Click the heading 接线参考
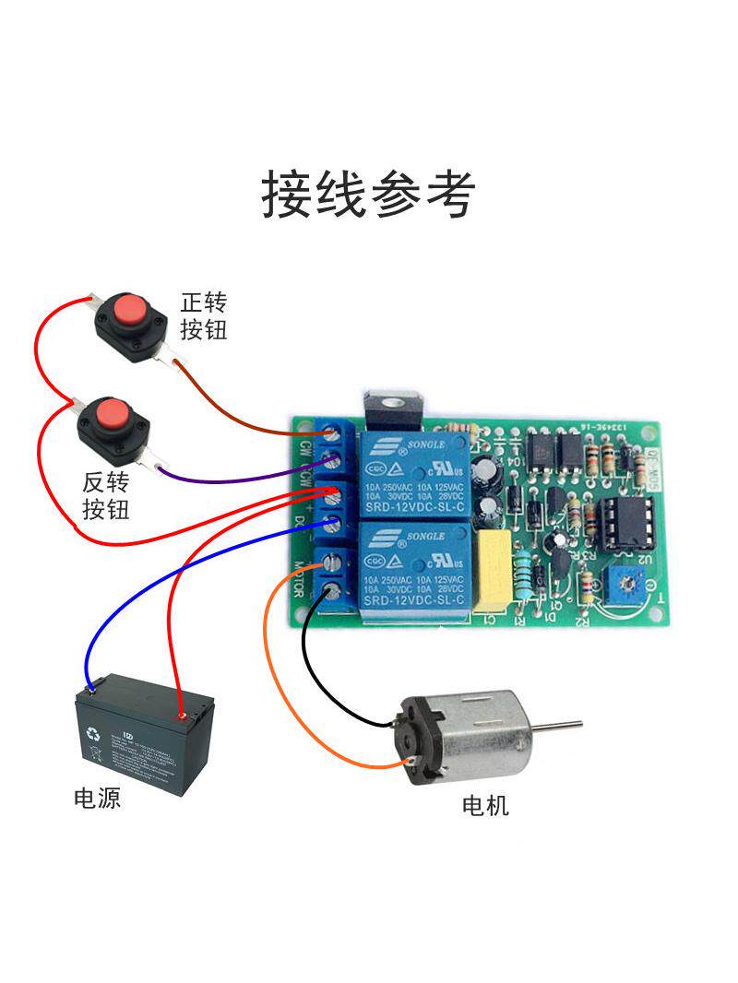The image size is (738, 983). tap(368, 194)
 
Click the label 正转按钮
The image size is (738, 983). tap(204, 316)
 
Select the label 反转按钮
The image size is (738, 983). tap(106, 495)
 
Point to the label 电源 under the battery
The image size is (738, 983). tap(97, 798)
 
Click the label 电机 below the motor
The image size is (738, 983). tap(485, 806)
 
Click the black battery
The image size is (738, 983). tap(144, 734)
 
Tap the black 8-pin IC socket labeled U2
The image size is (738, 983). tap(625, 525)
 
